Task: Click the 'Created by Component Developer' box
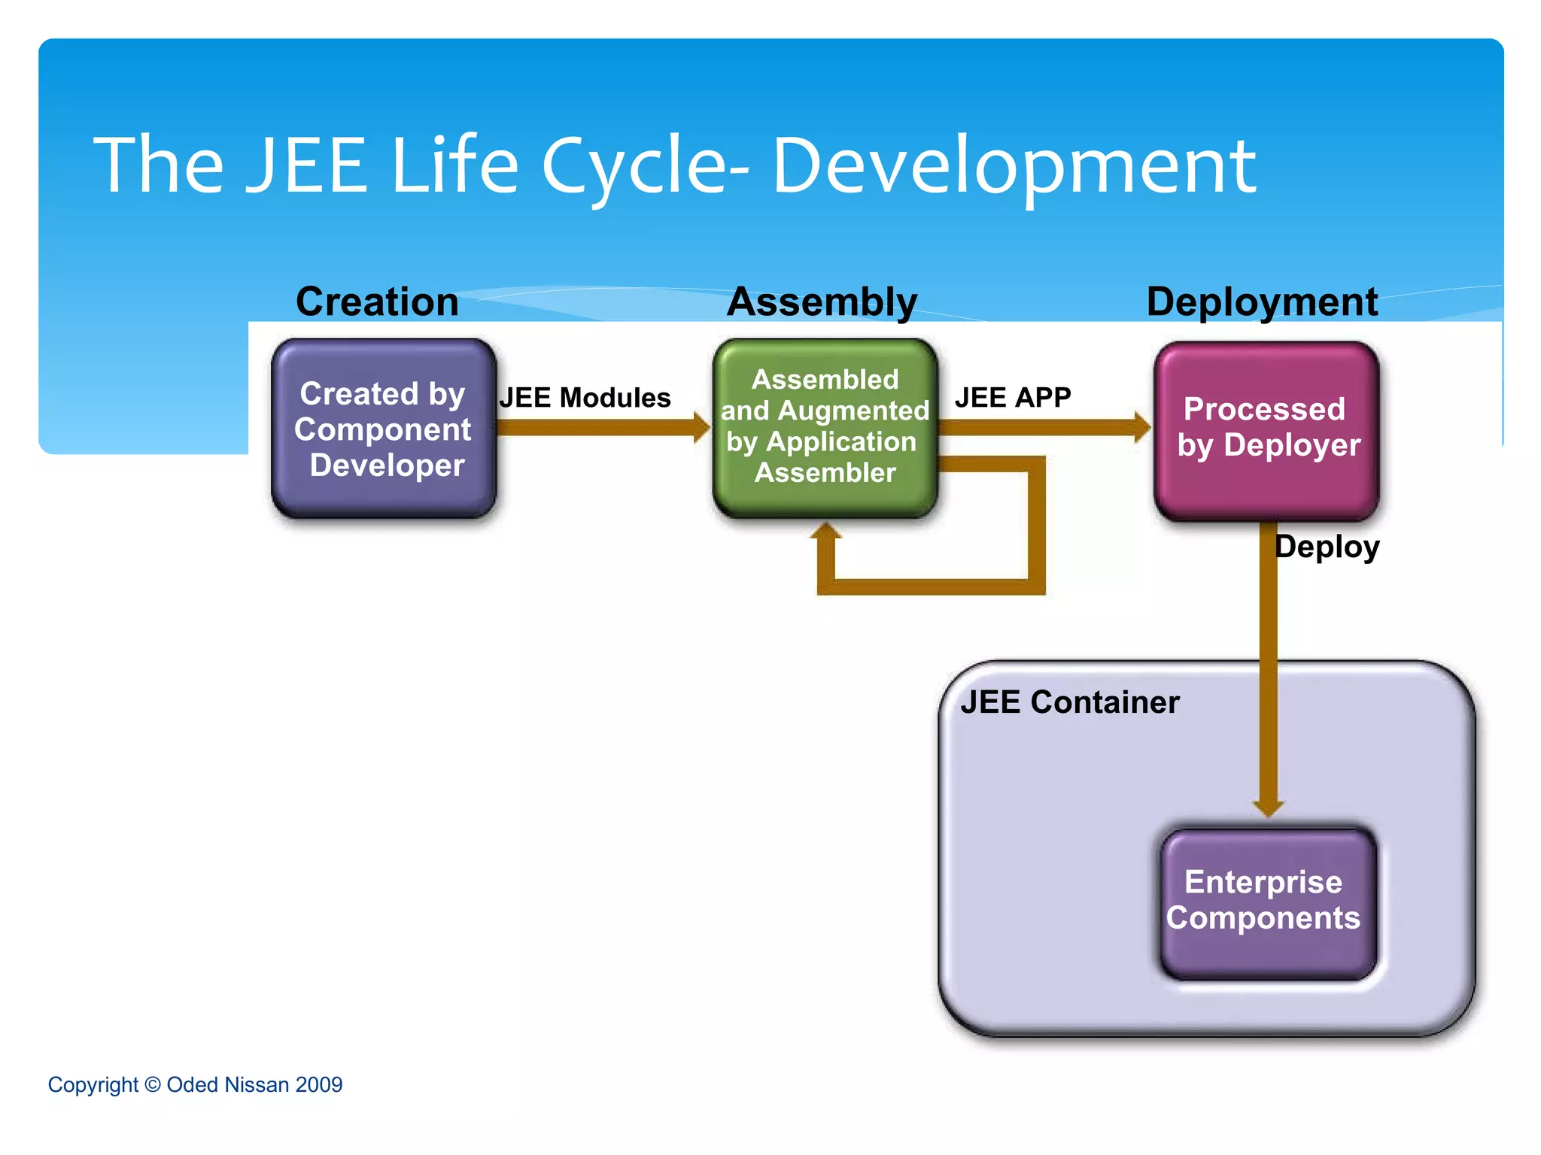(384, 429)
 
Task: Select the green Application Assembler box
(825, 427)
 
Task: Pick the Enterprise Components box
(1267, 901)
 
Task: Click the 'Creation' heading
(377, 302)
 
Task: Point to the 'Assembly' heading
(822, 302)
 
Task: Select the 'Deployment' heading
(1262, 302)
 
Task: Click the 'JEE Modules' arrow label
(585, 398)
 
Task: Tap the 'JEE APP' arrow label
(1013, 397)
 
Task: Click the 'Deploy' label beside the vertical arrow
(1327, 547)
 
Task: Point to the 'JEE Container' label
(1070, 702)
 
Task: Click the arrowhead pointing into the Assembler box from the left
(701, 428)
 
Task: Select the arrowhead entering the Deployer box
(1142, 428)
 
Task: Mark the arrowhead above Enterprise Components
(1269, 808)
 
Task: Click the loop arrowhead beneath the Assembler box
(826, 532)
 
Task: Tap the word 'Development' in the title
(1014, 165)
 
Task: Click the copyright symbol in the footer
(153, 1084)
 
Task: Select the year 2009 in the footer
(319, 1084)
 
